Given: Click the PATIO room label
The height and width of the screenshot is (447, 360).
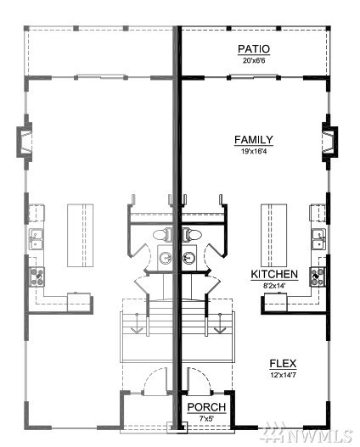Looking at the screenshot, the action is click(x=254, y=49).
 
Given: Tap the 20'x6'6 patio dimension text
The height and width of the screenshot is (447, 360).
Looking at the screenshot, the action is click(x=254, y=60).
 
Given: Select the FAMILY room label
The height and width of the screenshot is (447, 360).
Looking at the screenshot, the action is click(x=254, y=140).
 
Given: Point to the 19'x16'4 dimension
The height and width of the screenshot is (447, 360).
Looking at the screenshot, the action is click(x=254, y=151).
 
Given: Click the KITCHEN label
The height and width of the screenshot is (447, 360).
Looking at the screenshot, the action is click(x=274, y=274).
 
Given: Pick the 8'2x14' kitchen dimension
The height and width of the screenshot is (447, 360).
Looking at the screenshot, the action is click(x=274, y=286).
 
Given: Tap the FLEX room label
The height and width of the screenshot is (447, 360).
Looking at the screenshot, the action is click(x=283, y=364).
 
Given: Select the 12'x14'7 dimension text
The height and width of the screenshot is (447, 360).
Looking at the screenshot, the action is click(x=283, y=375).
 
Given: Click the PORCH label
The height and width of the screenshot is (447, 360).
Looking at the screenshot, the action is click(x=207, y=407).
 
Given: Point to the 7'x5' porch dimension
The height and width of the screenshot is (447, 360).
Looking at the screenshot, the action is click(x=207, y=419).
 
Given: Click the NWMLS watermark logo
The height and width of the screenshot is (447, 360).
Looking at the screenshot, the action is click(x=308, y=435).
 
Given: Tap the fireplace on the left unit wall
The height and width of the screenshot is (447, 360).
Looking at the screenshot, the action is click(x=25, y=142).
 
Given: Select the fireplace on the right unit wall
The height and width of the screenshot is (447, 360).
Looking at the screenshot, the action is click(x=329, y=142).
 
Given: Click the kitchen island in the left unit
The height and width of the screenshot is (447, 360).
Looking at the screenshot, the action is click(x=80, y=235).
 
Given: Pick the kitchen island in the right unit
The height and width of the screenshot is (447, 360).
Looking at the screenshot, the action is click(x=273, y=235).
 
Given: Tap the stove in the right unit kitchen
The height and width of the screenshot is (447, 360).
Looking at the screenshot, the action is click(x=318, y=277).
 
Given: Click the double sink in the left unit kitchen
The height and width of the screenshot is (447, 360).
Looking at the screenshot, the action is click(x=37, y=239).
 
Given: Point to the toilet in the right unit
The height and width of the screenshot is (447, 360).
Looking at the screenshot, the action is click(x=192, y=235).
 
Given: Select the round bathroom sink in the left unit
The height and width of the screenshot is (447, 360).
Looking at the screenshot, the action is click(x=166, y=258).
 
